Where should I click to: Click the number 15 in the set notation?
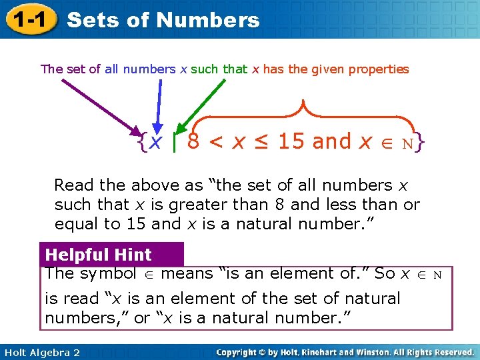click(x=291, y=141)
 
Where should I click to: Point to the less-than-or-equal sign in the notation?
click(x=261, y=142)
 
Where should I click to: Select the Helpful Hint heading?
click(x=99, y=255)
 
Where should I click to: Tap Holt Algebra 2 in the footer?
click(x=41, y=352)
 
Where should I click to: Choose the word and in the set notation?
click(x=331, y=141)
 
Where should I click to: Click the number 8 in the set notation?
click(x=193, y=141)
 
